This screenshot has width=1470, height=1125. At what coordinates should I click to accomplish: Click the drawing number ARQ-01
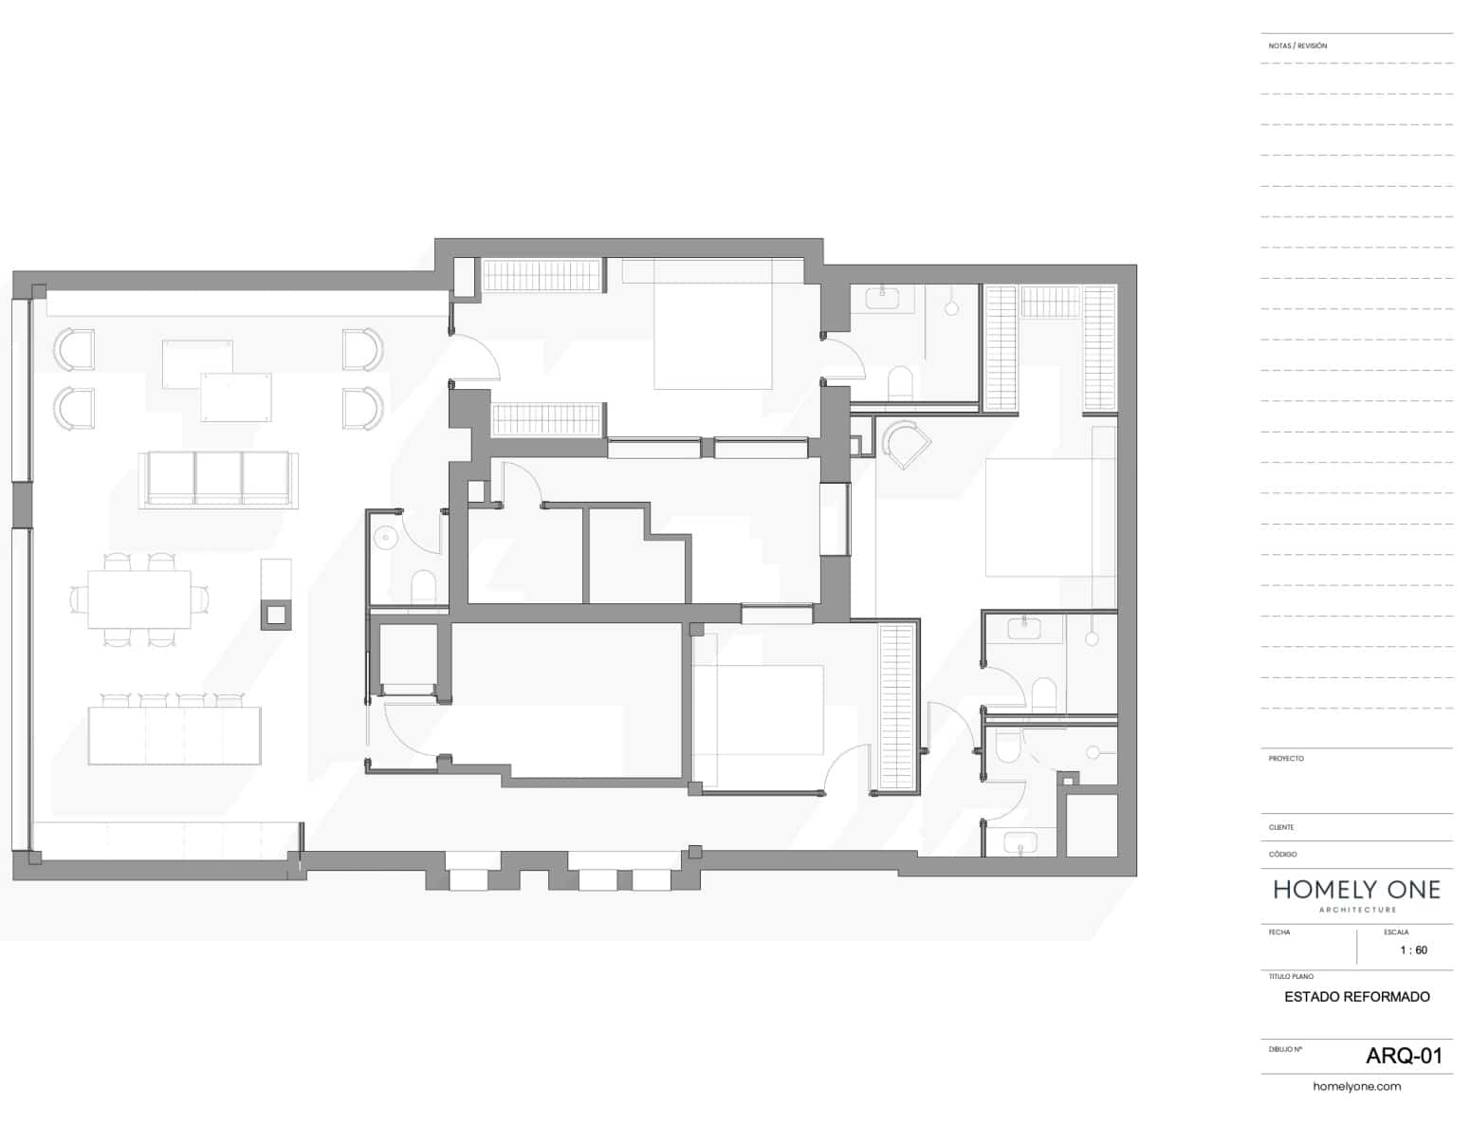pyautogui.click(x=1404, y=1055)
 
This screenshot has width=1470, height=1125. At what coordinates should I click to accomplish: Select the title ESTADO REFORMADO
pyautogui.click(x=1356, y=996)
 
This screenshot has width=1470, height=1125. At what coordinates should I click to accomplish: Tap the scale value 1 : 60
pyautogui.click(x=1413, y=950)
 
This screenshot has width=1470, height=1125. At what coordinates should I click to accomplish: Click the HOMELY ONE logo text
pyautogui.click(x=1356, y=890)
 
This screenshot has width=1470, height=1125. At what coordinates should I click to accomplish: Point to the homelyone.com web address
pyautogui.click(x=1356, y=1086)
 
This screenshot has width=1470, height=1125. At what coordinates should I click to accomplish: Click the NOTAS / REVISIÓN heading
pyautogui.click(x=1297, y=46)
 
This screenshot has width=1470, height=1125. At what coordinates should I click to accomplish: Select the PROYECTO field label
pyautogui.click(x=1286, y=758)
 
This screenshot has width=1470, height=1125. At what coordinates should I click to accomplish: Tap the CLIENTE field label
pyautogui.click(x=1281, y=827)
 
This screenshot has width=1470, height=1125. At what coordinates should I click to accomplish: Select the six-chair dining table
pyautogui.click(x=139, y=599)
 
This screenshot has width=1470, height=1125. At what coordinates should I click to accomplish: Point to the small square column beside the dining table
pyautogui.click(x=276, y=615)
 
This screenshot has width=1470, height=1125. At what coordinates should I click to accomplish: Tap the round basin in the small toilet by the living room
pyautogui.click(x=386, y=538)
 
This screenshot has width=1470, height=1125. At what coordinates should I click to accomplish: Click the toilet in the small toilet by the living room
pyautogui.click(x=422, y=586)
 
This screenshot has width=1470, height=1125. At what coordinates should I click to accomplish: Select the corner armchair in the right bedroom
pyautogui.click(x=905, y=443)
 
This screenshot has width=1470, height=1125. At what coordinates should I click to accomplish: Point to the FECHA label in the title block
pyautogui.click(x=1278, y=932)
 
